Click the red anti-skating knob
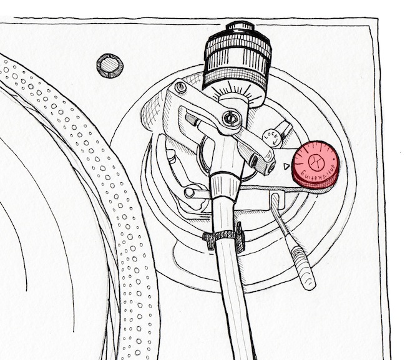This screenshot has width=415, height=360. [315, 164]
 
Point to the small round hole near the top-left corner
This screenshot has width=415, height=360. [110, 65]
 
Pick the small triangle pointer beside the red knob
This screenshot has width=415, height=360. [285, 167]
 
